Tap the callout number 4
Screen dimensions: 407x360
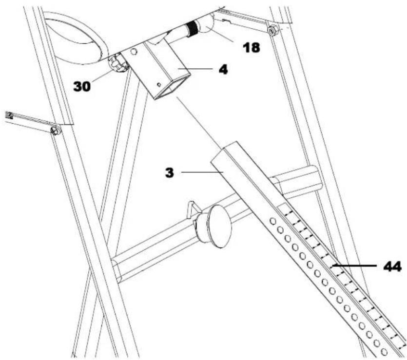[x=223, y=69]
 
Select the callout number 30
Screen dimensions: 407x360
[x=83, y=86]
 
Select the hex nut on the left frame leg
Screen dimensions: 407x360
[x=55, y=130]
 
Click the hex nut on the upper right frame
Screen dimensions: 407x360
[x=272, y=31]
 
